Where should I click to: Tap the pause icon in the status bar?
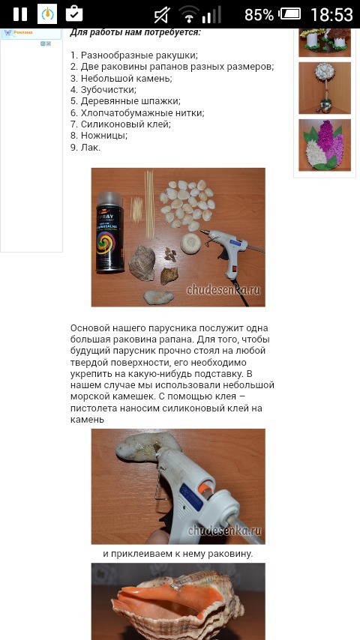(19, 13)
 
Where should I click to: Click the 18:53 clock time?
(331, 15)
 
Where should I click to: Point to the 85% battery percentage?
(259, 15)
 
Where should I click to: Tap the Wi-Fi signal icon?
(189, 14)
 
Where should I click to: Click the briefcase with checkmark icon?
(74, 13)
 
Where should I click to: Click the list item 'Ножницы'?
(98, 136)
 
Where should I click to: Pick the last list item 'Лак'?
(85, 148)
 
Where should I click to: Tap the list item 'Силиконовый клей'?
(120, 124)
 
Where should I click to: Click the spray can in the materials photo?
(109, 232)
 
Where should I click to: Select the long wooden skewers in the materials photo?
(150, 205)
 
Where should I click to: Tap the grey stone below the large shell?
(158, 297)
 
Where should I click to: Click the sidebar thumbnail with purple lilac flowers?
(325, 145)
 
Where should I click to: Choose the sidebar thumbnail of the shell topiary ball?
(325, 88)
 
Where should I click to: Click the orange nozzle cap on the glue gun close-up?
(207, 486)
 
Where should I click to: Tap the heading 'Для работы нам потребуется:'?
(135, 32)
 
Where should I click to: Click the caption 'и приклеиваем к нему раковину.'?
(178, 554)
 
